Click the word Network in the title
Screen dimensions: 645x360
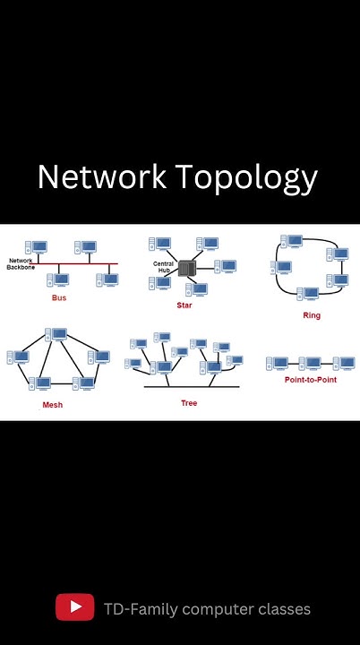[100, 177]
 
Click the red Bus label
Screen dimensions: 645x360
[59, 297]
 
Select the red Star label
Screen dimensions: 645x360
[184, 305]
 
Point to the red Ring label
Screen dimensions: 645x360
[312, 315]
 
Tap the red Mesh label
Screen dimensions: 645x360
[52, 405]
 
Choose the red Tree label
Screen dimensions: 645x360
[189, 403]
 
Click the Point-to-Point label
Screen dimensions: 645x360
[310, 380]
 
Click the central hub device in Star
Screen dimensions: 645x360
[187, 268]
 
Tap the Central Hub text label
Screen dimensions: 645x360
[163, 266]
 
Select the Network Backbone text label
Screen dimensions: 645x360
[21, 264]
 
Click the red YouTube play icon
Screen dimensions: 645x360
[75, 607]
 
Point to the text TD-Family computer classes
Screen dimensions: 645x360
[207, 609]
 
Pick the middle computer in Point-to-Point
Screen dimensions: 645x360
[310, 363]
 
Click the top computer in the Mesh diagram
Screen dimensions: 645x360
[57, 335]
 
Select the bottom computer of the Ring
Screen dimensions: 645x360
[307, 294]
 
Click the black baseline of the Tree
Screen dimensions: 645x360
[192, 387]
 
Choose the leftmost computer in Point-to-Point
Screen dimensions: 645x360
[278, 363]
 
